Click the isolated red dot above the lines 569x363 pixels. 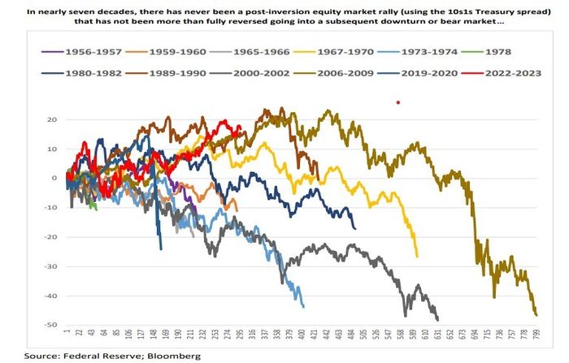[397, 102]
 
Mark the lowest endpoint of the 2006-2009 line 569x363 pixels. [536, 314]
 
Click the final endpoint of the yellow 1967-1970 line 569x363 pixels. [417, 257]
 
